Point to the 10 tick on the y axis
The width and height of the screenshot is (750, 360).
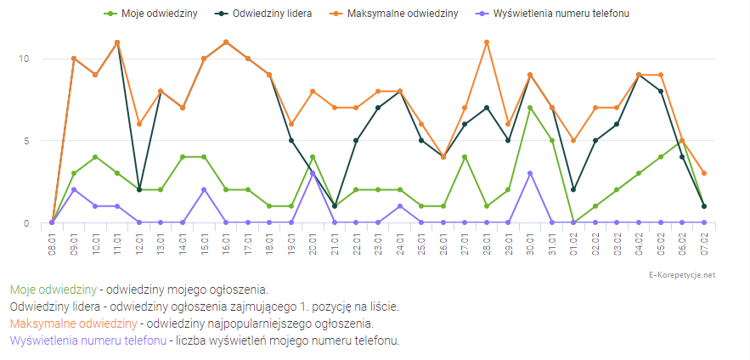click(x=24, y=59)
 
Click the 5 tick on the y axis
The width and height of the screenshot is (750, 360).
click(x=26, y=141)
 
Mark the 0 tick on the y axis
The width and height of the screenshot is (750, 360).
click(x=26, y=223)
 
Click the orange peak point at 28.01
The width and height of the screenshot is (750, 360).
click(x=487, y=42)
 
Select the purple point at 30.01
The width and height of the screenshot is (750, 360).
click(x=530, y=173)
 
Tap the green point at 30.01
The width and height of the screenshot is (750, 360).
click(x=530, y=108)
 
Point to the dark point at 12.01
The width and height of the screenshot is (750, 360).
click(x=138, y=189)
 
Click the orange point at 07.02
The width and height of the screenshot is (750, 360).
click(x=704, y=173)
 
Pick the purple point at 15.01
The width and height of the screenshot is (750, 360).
click(x=204, y=189)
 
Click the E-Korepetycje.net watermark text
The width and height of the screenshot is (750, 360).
click(x=681, y=275)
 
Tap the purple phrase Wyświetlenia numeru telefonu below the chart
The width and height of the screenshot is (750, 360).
click(x=87, y=340)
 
